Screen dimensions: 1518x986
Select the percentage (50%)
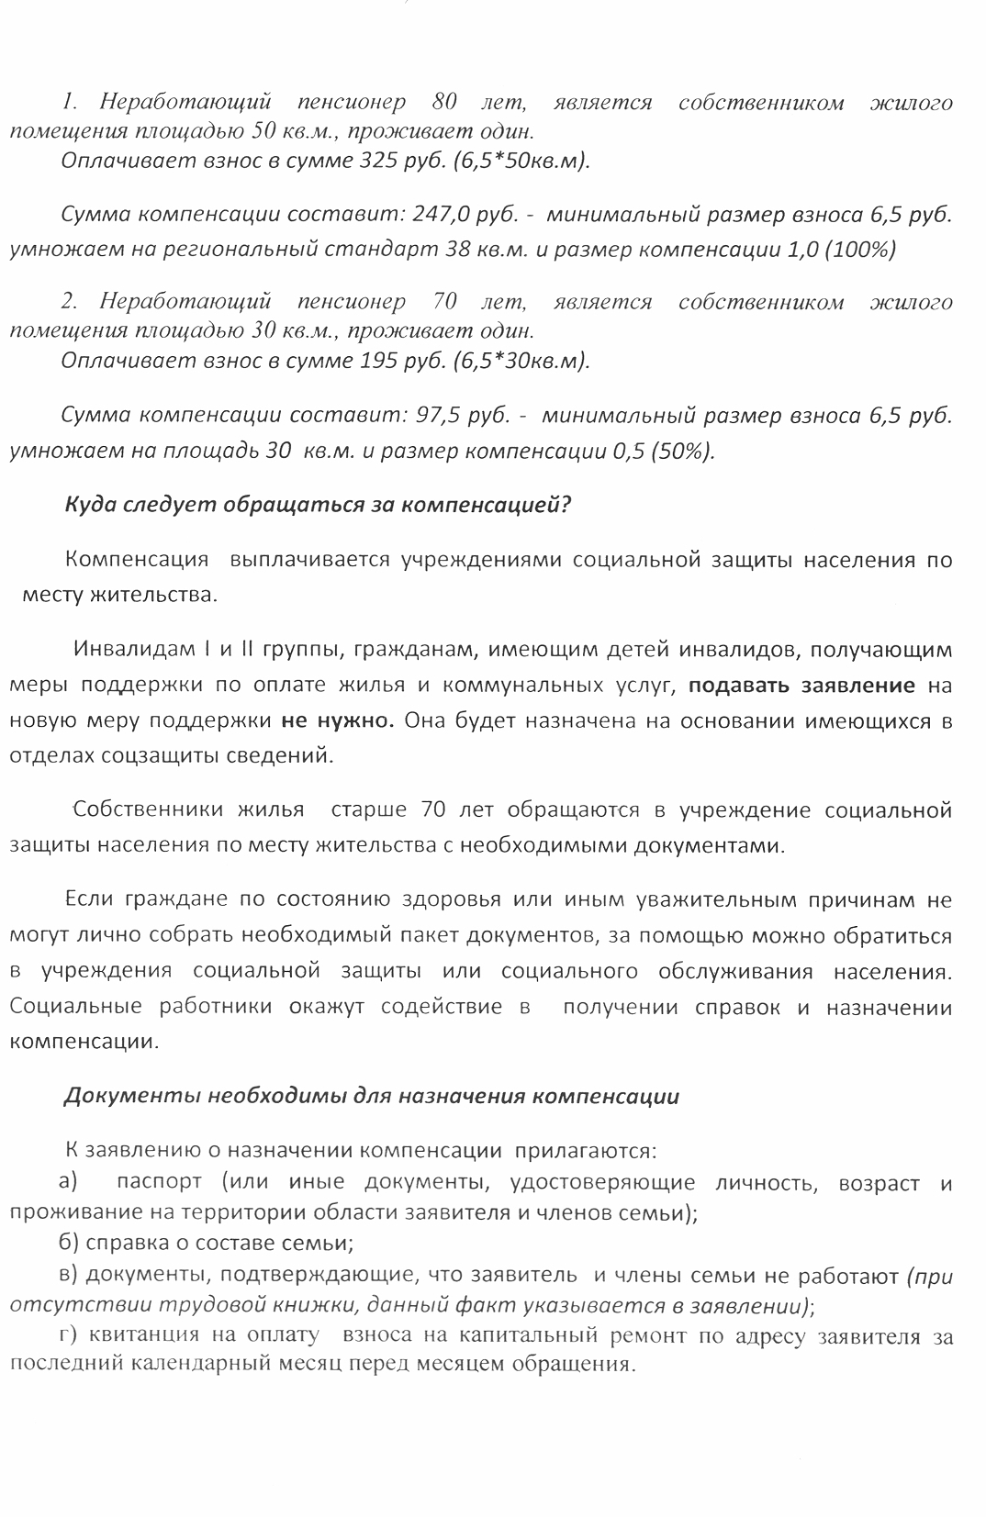point(682,451)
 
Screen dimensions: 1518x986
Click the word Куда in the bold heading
point(90,505)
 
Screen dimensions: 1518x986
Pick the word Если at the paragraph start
point(88,900)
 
